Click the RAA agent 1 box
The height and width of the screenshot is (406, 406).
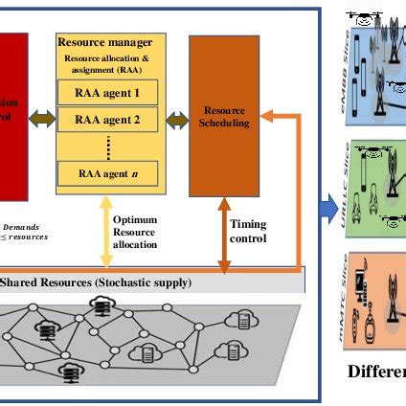(x=107, y=94)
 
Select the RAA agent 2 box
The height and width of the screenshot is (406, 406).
(x=107, y=120)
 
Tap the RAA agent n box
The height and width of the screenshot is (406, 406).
(x=107, y=173)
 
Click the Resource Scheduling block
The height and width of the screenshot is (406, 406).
(x=226, y=116)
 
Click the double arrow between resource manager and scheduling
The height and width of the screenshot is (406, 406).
(x=176, y=120)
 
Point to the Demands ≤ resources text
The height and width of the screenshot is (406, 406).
(x=23, y=230)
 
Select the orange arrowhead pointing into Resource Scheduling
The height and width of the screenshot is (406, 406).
(x=273, y=116)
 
